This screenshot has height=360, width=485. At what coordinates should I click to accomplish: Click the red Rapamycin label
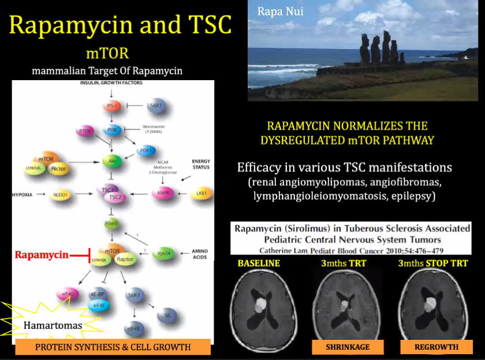click(x=42, y=254)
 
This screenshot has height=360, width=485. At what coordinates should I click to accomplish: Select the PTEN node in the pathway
click(x=85, y=132)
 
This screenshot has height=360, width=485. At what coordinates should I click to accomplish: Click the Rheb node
click(x=111, y=223)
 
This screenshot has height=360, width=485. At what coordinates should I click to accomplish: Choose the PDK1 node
click(x=145, y=151)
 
